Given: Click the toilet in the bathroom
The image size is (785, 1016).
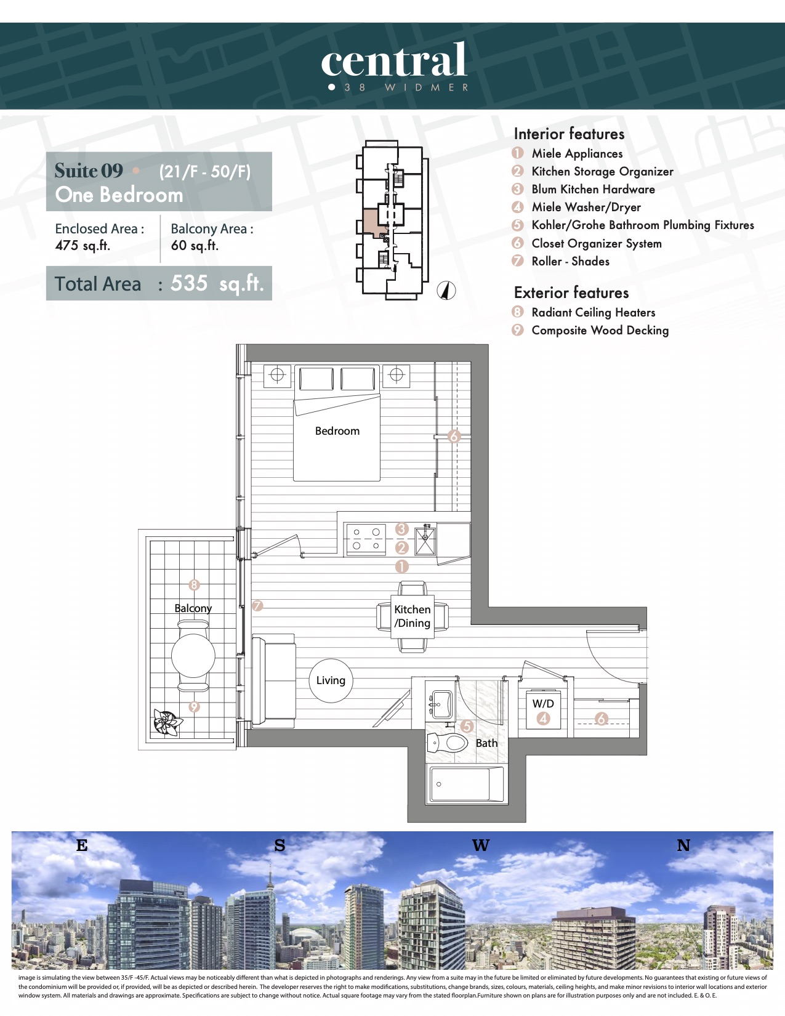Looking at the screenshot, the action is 448,742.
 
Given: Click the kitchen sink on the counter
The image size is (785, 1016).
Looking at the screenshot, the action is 425,541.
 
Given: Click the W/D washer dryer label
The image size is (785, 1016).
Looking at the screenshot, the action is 543,703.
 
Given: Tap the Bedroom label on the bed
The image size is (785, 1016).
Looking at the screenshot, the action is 337,430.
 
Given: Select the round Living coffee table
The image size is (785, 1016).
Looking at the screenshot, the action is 331,681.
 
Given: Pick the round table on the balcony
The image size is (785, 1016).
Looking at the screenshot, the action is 193,656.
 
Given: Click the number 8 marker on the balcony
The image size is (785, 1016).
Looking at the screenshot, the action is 194,585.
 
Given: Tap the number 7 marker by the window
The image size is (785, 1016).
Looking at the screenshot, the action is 257,606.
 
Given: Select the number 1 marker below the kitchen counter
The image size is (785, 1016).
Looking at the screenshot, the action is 401,566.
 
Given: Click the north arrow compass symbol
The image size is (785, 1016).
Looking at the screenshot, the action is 446,291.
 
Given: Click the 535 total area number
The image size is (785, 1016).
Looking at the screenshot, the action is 189,283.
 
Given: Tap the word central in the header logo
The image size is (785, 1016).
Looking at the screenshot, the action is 393,60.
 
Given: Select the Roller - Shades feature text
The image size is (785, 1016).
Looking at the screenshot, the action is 570,261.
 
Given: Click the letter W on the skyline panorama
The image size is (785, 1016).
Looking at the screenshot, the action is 480,845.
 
